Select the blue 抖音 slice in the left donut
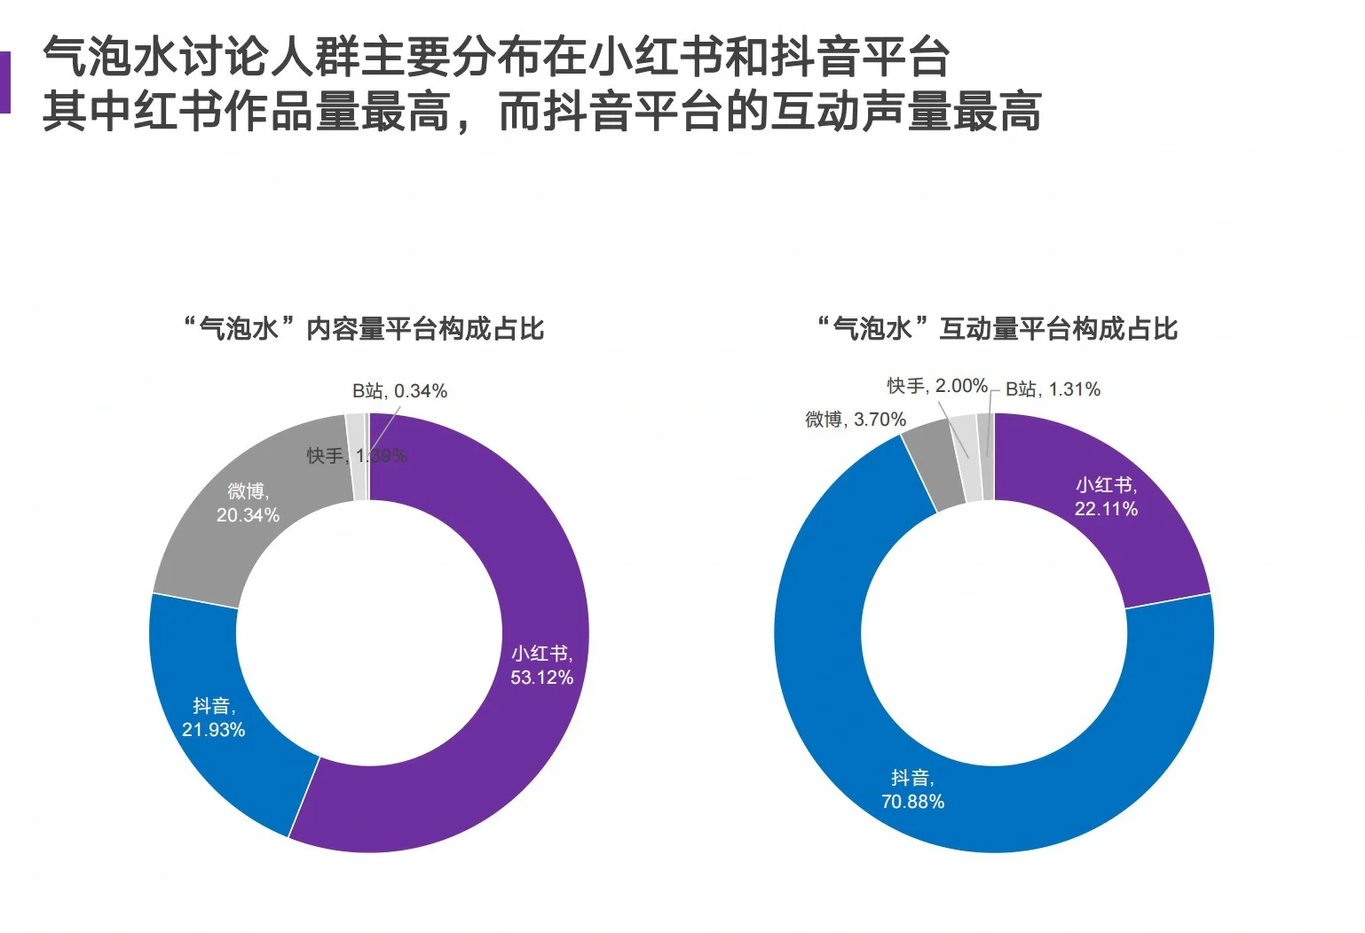coord(222,763)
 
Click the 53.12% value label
coord(541,678)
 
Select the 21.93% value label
coord(213,730)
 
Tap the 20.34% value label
coord(248,515)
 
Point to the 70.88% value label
coord(912,802)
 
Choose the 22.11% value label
coord(1106,509)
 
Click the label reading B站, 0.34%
coord(399,391)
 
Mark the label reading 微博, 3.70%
coord(856,419)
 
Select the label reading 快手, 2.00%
coord(937,387)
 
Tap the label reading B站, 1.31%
coord(1053,389)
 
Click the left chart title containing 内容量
coord(364,329)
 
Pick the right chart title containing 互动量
coord(998,329)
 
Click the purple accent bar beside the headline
coord(4,82)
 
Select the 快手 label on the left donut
coord(325,456)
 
